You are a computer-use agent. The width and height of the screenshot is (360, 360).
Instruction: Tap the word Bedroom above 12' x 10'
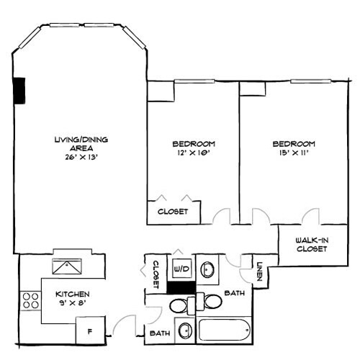point(193,143)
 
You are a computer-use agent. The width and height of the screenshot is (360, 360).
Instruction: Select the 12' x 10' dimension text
point(193,153)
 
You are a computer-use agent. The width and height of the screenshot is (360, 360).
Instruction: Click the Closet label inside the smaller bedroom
point(173,212)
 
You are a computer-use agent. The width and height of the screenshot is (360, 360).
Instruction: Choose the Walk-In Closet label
point(312,244)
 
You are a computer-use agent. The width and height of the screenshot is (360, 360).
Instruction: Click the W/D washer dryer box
point(181,269)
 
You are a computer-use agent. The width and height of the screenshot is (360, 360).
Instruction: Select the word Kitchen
point(73,294)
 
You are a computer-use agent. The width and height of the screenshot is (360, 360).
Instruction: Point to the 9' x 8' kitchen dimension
point(73,304)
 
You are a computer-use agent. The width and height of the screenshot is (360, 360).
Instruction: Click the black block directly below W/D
point(178,287)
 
